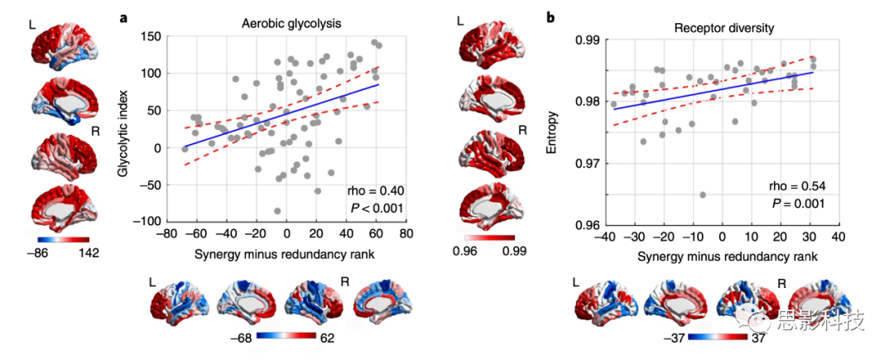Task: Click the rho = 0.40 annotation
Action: tap(376, 192)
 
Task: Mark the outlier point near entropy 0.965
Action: tap(703, 195)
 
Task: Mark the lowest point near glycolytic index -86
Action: tap(277, 211)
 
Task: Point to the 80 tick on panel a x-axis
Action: tap(406, 235)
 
